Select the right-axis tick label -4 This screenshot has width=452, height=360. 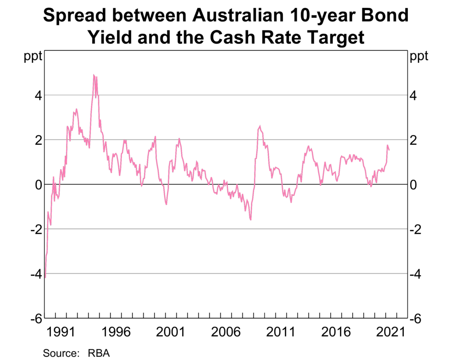click(418, 274)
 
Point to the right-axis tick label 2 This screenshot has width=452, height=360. click(414, 140)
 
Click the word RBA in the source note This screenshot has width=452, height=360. click(98, 353)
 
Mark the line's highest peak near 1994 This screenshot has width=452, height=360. click(94, 75)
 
